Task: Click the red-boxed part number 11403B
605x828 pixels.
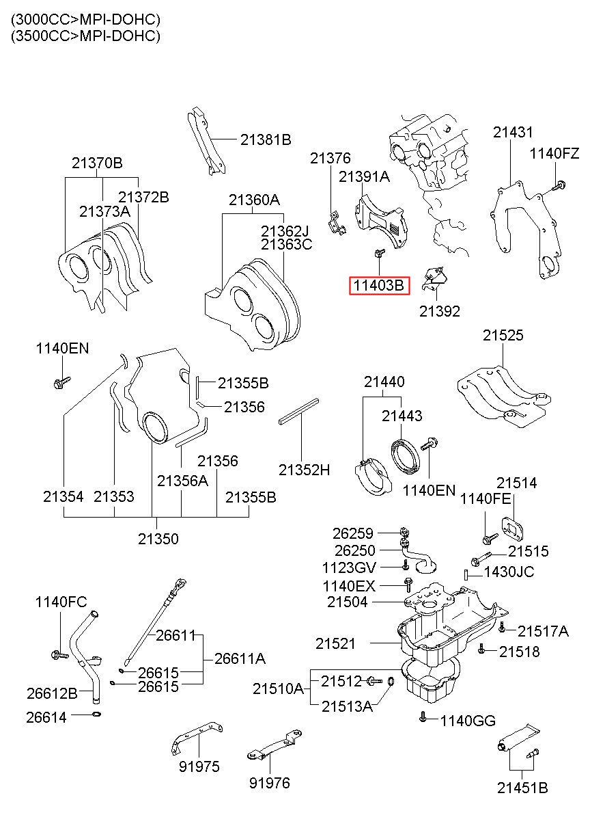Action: point(380,285)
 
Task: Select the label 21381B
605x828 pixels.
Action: point(266,140)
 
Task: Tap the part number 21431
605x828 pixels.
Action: point(513,133)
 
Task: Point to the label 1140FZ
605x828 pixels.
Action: point(554,154)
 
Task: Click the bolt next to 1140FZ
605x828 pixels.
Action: point(559,184)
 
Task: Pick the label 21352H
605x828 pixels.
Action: point(304,470)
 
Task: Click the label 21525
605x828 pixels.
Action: point(503,335)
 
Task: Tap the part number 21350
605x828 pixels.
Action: point(158,539)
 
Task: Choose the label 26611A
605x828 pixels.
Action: point(240,658)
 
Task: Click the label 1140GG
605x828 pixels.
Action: point(468,720)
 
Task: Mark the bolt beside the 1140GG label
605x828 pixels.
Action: point(423,717)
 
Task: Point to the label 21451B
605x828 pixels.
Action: point(522,788)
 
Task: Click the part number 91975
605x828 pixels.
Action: point(199,766)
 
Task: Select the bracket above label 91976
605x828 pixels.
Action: point(273,746)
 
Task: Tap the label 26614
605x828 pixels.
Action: point(47,717)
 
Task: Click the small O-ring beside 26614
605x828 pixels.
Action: point(96,715)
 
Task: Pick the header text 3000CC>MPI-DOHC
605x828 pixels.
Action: point(85,19)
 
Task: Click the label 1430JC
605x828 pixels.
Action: point(509,572)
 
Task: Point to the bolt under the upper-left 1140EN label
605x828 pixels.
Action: point(61,381)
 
